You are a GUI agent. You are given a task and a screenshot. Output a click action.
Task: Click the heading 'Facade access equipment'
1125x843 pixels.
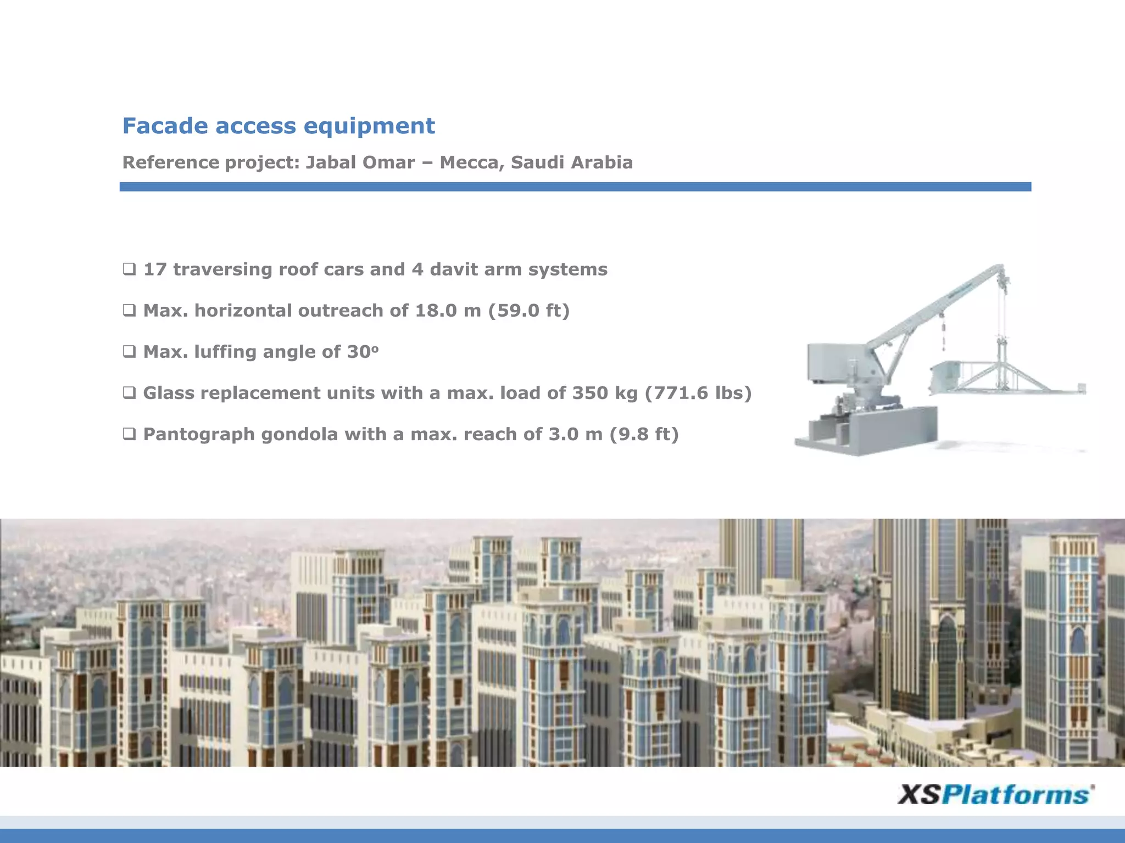279,126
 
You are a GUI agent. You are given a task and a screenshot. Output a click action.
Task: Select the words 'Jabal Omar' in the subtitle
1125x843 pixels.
360,162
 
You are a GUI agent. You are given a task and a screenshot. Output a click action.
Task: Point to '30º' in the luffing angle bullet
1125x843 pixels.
363,352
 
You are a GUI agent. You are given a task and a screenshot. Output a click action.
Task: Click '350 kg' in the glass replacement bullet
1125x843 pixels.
605,393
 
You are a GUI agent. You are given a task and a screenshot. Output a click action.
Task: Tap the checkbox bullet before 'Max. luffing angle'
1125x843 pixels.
129,352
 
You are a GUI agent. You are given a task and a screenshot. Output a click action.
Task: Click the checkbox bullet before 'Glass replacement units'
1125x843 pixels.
129,393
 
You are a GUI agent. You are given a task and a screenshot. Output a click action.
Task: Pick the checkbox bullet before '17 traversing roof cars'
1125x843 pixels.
129,269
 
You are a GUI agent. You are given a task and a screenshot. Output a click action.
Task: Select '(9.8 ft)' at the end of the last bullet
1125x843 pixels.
644,435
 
